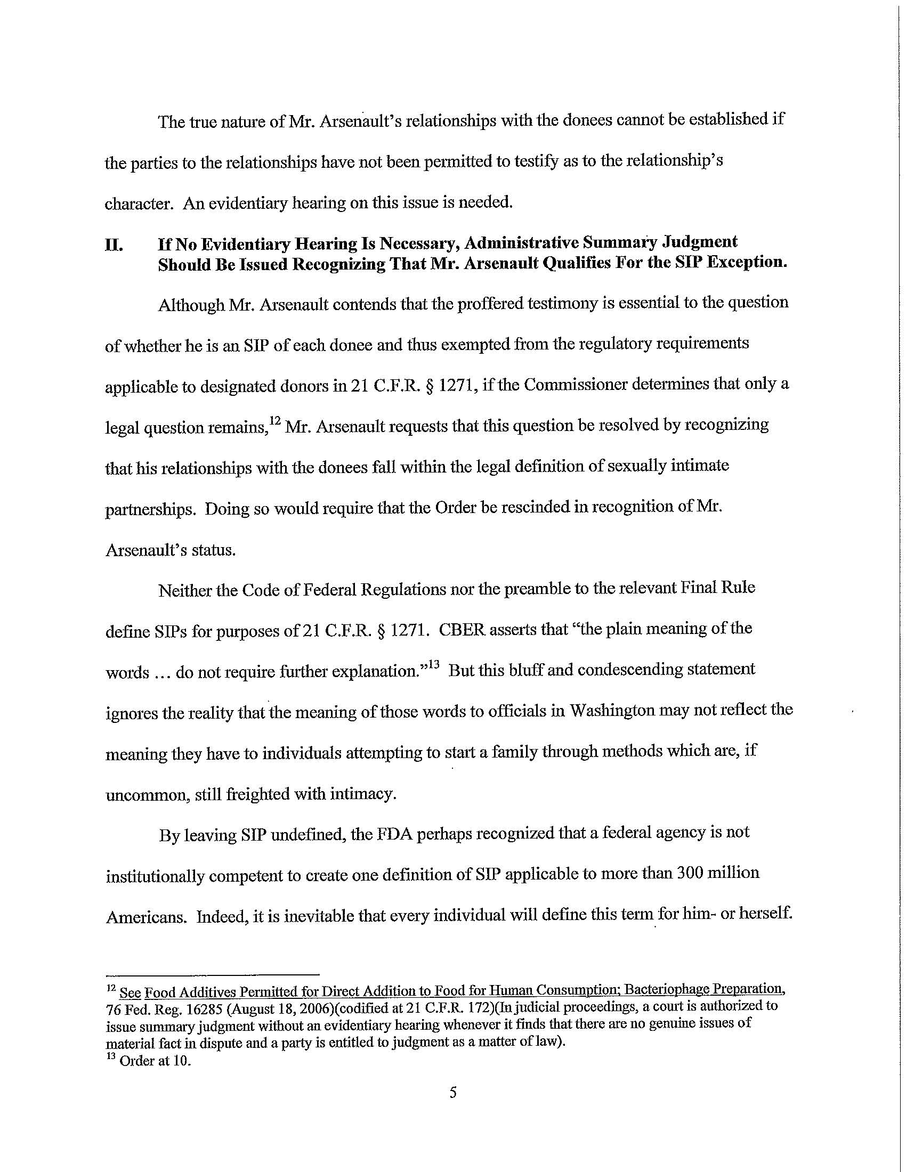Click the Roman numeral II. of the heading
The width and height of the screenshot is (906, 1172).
click(114, 246)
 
